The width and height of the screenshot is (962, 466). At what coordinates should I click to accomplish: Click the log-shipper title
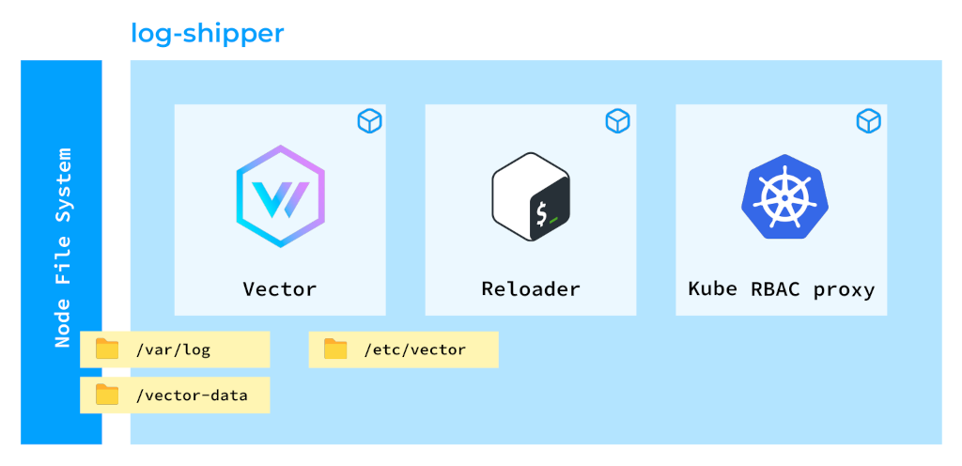[208, 34]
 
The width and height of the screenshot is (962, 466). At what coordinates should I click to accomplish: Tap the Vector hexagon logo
[280, 196]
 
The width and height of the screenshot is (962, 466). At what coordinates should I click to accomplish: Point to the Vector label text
[280, 288]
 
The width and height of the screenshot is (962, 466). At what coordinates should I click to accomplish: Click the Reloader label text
[531, 288]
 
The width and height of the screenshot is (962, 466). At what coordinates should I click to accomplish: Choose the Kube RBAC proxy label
[782, 288]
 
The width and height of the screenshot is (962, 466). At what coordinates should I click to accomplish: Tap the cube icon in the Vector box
[367, 121]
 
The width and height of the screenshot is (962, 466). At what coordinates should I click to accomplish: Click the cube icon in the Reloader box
[617, 121]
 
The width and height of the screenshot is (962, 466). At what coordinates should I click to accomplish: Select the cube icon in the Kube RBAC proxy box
[868, 121]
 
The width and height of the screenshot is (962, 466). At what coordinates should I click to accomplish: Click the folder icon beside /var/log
[107, 349]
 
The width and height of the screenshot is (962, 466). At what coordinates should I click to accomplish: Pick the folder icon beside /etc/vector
[335, 349]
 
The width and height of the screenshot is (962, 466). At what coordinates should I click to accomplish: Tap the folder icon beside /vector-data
[107, 395]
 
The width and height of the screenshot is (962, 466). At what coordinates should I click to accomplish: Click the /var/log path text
[173, 350]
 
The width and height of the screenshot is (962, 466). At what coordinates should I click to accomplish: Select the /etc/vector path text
[414, 350]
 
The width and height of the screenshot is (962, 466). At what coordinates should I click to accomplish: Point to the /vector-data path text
[192, 396]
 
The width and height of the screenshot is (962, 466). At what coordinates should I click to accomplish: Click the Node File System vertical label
[63, 247]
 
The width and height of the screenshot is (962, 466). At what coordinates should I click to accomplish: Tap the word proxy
[844, 289]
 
